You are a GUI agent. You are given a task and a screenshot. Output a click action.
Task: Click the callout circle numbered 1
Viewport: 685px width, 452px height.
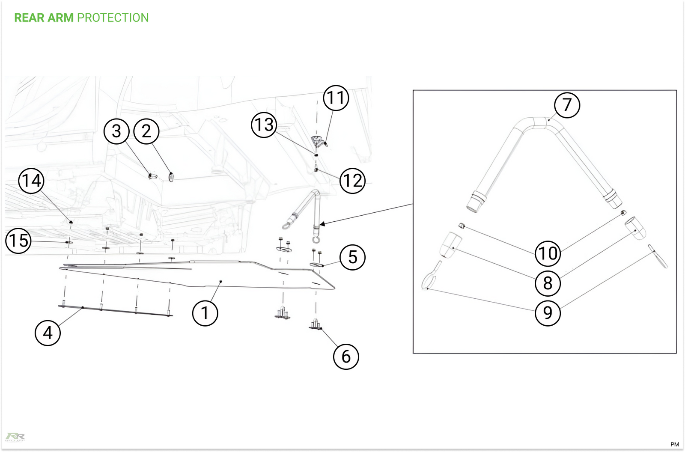(205, 313)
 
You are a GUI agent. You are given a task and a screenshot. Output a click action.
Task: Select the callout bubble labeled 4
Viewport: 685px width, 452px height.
(48, 333)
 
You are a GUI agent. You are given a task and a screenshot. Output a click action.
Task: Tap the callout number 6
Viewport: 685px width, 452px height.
(346, 357)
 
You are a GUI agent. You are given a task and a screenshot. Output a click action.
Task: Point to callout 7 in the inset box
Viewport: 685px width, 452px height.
(567, 105)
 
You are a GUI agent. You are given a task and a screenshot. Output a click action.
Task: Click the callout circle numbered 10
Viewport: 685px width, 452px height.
(548, 253)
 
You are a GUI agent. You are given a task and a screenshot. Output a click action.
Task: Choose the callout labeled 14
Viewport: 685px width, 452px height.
(31, 181)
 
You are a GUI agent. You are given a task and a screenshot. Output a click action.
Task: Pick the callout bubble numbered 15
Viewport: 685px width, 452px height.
(18, 240)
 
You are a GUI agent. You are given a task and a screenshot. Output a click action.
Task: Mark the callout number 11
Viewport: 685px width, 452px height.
(336, 98)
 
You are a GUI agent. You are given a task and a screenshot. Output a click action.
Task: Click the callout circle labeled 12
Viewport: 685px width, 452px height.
(352, 181)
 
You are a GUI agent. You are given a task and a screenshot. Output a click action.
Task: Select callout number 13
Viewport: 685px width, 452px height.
(264, 125)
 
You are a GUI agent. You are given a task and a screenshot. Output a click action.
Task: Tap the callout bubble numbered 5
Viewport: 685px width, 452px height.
(352, 257)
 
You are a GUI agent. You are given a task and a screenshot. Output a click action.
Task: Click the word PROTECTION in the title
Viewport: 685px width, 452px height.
(113, 18)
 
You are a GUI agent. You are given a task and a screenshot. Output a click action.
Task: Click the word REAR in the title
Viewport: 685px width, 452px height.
(29, 18)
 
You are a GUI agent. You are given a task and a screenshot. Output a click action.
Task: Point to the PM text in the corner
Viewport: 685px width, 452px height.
(674, 444)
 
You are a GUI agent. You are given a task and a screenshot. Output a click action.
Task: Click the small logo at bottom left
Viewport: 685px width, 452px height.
(15, 437)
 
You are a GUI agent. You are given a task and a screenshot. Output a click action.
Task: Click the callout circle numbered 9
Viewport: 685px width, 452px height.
(548, 313)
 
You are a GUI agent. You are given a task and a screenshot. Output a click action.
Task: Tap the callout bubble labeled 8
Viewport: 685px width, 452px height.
(548, 283)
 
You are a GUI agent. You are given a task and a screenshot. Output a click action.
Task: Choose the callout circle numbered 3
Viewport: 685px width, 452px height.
(116, 131)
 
